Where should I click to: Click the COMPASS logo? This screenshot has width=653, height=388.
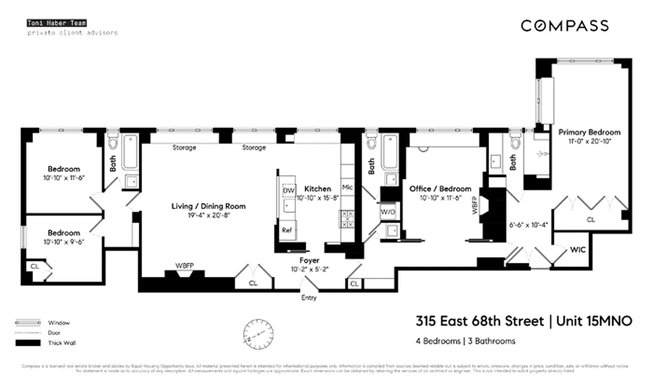coord(565,26)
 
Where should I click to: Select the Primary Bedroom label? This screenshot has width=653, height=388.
coord(589,132)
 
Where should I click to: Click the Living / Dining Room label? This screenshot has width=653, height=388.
coord(209,206)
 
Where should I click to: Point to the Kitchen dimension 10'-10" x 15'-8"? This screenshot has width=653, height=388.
coord(318,197)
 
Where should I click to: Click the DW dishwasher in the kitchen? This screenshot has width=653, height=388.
coord(289,191)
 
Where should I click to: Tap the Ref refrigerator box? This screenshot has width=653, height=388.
coord(287,230)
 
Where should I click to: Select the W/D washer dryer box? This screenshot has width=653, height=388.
coord(388,212)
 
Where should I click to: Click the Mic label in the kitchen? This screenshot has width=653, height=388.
coord(347,187)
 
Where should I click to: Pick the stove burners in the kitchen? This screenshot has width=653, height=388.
coord(347,218)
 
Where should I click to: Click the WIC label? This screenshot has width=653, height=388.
coord(578,250)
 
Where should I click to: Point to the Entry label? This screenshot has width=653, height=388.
coord(309,297)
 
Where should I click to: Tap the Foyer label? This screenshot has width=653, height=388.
coord(309,260)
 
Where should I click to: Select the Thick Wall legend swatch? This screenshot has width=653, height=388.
coord(28,343)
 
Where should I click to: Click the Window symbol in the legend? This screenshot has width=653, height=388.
coord(28,323)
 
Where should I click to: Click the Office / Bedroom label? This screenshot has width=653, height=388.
coord(440,189)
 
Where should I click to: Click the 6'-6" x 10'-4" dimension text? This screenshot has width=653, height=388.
coord(528,225)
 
